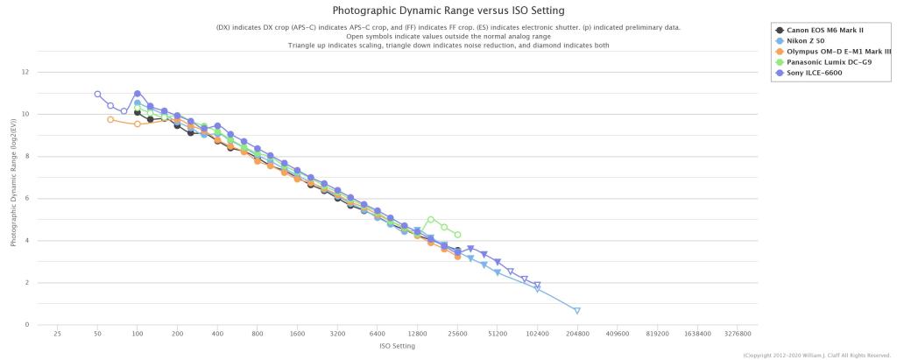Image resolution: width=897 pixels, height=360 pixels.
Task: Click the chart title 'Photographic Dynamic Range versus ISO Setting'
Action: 448,11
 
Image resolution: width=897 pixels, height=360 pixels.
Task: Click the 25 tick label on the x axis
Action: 57,334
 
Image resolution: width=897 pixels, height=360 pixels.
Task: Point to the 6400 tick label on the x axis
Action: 378,334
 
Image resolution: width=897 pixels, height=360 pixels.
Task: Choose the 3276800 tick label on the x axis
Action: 738,334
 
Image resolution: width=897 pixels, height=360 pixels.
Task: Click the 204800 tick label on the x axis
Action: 577,334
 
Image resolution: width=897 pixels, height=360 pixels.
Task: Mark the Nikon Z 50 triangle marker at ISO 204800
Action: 577,311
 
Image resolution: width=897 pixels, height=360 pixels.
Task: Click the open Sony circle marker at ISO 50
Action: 97,94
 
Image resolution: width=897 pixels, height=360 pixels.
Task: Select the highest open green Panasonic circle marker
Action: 431,219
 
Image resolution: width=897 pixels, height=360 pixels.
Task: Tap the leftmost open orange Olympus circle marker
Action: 110,119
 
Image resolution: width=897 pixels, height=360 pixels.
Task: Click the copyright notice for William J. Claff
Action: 816,355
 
